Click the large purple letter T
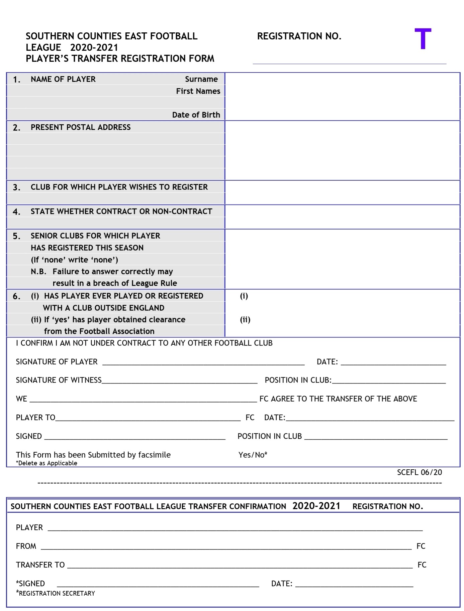423,39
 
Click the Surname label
201,79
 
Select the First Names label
198,91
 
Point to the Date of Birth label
196,115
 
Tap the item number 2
16,128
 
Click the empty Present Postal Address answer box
342,150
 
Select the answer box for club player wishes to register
342,192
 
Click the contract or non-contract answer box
342,217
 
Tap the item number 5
16,237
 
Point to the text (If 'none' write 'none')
74,260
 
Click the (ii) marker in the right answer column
245,320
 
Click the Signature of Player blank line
203,363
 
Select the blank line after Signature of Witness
180,381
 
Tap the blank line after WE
143,400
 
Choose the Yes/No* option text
253,455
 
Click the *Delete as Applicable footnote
47,463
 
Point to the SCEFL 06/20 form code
419,472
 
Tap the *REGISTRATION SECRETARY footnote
56,593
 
